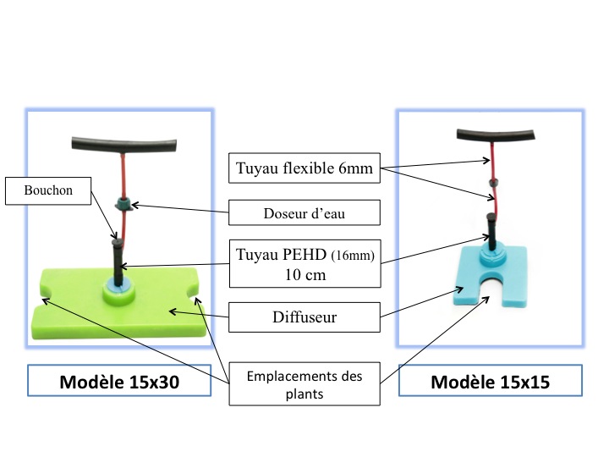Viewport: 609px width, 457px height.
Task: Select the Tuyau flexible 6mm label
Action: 301,169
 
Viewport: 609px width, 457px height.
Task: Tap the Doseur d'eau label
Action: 301,214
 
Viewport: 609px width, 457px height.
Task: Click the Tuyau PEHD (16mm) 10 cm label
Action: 301,262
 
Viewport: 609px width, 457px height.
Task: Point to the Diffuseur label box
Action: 301,318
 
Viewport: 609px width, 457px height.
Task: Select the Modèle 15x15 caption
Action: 490,382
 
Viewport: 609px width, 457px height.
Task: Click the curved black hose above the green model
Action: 121,141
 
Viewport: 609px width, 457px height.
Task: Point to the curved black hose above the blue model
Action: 496,134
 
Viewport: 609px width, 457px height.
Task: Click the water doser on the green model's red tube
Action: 123,203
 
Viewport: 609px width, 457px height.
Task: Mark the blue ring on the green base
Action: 118,291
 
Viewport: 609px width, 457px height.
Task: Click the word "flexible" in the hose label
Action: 309,169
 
